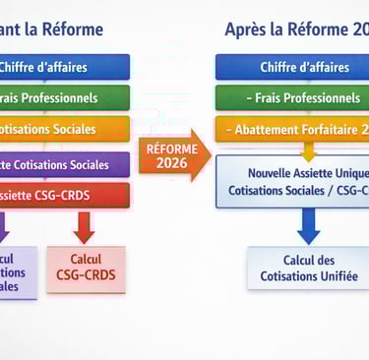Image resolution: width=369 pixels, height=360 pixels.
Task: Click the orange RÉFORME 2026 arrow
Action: point(172,155)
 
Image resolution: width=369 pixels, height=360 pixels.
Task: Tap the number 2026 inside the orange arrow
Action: point(171,163)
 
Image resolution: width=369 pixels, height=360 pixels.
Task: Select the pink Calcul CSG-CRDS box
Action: point(86,268)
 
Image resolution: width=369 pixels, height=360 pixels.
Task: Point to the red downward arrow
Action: point(85,227)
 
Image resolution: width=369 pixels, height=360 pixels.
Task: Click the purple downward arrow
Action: point(3,227)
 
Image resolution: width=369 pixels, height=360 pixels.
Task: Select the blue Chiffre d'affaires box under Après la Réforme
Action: point(292,67)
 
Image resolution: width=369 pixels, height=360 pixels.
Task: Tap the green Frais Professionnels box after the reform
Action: point(292,98)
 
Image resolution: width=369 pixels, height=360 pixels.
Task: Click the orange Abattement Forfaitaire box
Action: point(292,130)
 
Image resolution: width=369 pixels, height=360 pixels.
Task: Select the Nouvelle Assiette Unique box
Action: point(292,180)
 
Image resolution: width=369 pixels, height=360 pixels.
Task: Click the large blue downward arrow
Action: point(308,226)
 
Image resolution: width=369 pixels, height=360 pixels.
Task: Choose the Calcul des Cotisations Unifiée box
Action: point(308,268)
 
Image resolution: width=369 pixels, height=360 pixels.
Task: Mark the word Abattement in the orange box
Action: point(278,130)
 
